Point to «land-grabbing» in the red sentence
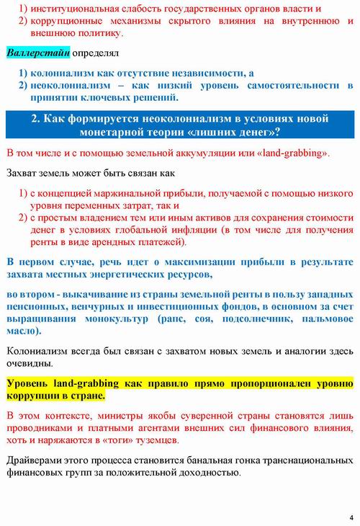point(291,154)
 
